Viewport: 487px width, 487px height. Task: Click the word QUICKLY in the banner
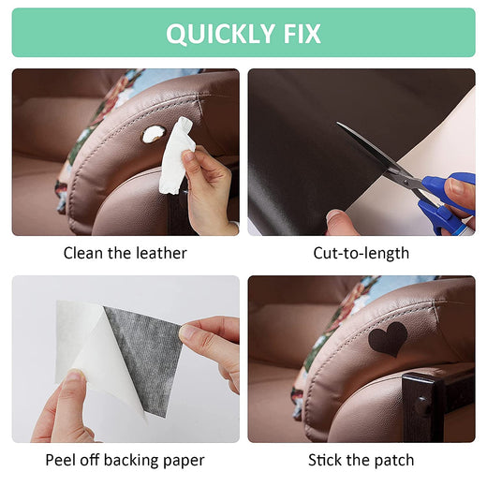(x=220, y=34)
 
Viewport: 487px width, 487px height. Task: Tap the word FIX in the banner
(x=302, y=34)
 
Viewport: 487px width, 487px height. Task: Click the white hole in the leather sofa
(x=154, y=134)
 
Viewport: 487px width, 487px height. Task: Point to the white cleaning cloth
(x=176, y=155)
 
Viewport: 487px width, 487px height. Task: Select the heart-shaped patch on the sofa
(x=388, y=339)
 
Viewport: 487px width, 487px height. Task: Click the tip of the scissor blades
(x=337, y=123)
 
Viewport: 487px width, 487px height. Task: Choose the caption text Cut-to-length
(x=362, y=254)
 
